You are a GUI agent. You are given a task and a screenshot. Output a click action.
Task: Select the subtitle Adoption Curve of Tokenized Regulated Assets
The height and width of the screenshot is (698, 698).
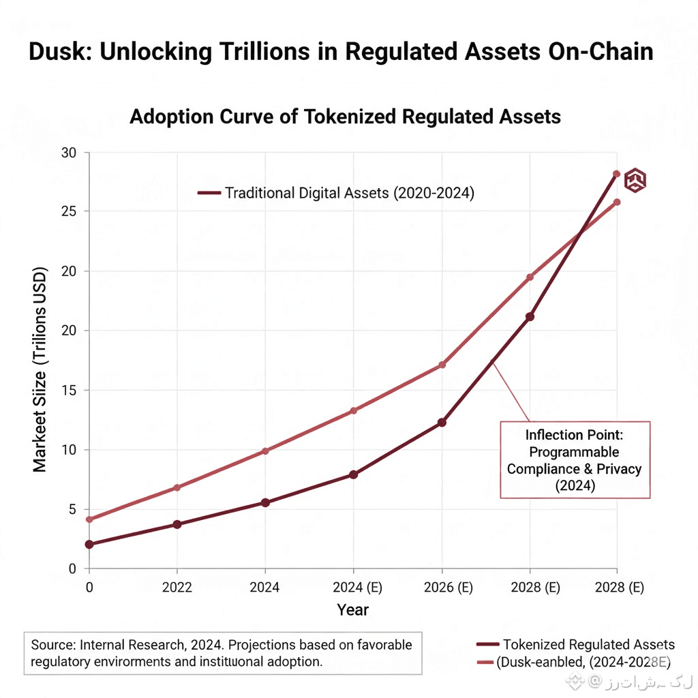[x=345, y=117]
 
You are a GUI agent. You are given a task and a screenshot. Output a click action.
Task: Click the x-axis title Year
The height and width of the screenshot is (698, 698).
[x=353, y=609]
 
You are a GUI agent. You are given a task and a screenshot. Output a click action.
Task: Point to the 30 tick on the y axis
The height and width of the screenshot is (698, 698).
[x=70, y=152]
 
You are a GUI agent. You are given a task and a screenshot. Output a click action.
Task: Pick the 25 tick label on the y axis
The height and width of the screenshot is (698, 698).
[x=70, y=211]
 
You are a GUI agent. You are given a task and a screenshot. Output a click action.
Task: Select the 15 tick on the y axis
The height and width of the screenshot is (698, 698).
[x=70, y=390]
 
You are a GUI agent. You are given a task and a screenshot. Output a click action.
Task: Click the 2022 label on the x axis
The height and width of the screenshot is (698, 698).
[x=177, y=588]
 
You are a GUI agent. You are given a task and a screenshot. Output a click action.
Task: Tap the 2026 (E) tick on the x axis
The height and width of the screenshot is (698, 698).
[x=442, y=588]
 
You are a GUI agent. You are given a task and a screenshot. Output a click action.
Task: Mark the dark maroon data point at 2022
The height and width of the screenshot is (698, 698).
[x=177, y=524]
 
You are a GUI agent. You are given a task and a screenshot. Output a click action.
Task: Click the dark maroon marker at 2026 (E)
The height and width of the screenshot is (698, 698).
[x=442, y=423]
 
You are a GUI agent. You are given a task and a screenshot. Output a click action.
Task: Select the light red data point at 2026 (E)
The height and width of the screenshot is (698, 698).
[x=442, y=365]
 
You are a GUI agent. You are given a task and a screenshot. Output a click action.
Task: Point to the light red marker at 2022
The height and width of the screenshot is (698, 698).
[x=177, y=487]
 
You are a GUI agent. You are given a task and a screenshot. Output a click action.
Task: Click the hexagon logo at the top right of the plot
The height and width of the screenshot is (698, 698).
[x=635, y=180]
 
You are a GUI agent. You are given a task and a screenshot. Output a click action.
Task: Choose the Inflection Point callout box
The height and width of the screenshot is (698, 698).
[x=575, y=459]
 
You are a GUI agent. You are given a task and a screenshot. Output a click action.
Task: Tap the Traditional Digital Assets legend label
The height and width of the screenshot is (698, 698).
[x=349, y=193]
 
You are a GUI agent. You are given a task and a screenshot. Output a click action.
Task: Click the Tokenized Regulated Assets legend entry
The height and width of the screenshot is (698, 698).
[x=588, y=644]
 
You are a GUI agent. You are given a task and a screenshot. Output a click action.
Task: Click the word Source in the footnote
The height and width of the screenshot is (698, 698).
[x=52, y=644]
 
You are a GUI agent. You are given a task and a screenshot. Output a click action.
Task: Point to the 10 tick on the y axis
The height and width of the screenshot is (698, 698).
[x=70, y=450]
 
